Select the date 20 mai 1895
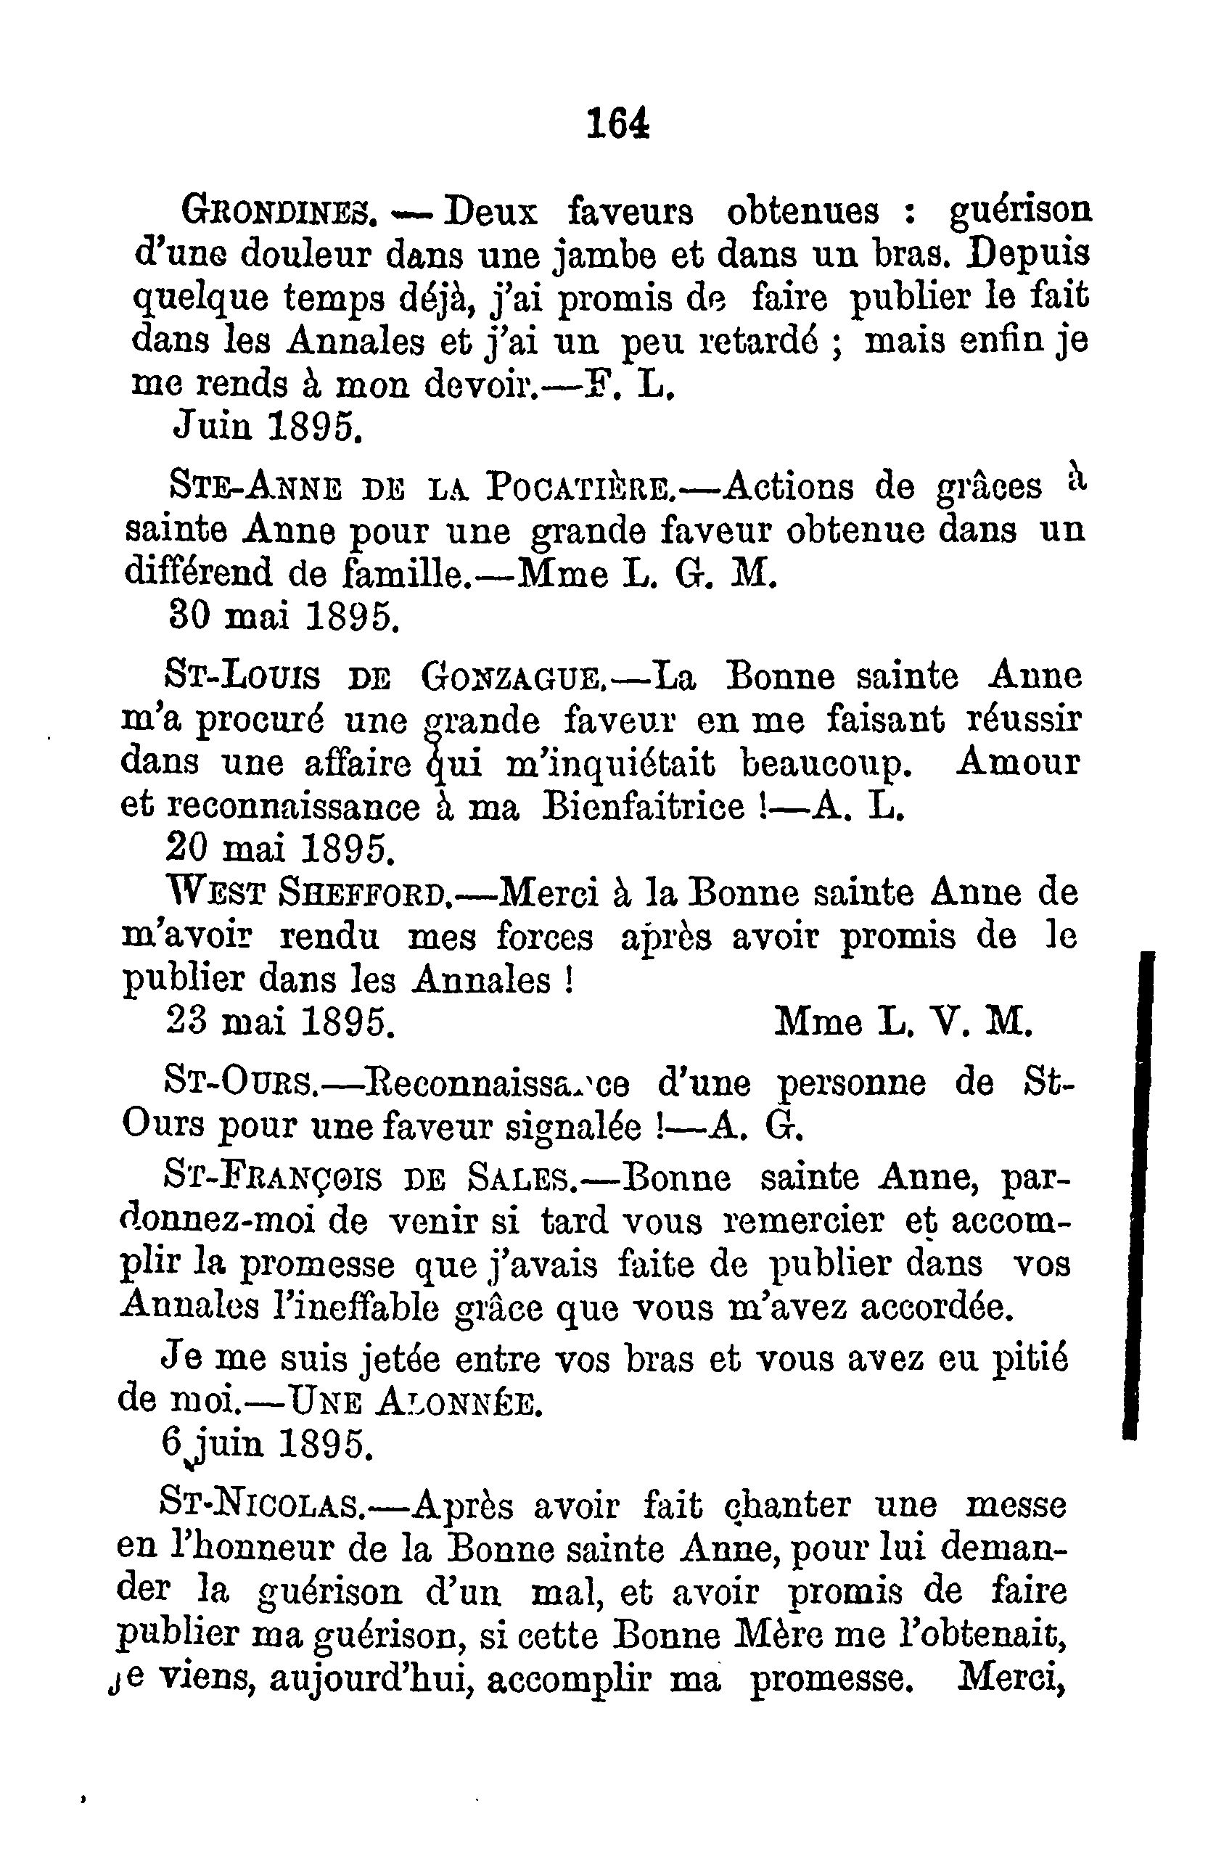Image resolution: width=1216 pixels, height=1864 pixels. (279, 847)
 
